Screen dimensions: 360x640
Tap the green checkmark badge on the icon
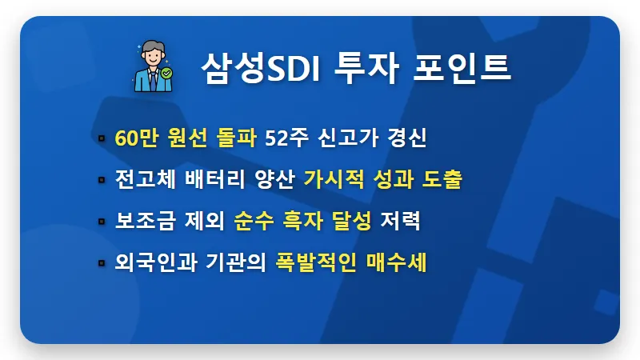(166, 73)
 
